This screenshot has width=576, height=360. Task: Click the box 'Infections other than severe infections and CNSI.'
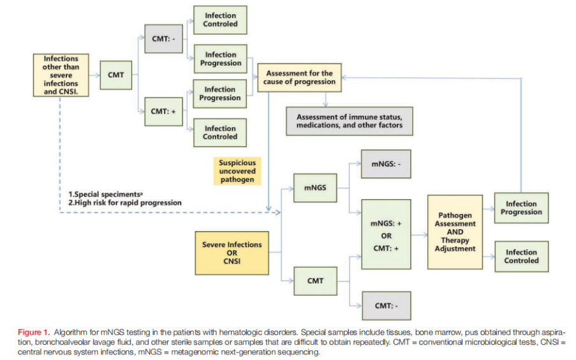61,75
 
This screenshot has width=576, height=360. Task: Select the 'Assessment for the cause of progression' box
300,78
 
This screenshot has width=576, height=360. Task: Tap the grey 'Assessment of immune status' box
349,121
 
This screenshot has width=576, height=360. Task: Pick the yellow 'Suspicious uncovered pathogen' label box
236,171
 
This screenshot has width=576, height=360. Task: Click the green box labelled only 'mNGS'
316,188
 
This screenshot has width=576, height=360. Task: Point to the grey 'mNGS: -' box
386,164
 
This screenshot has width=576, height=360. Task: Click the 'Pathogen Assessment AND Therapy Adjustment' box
455,232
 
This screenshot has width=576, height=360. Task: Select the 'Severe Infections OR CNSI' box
232,253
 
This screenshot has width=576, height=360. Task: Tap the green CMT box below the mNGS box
316,280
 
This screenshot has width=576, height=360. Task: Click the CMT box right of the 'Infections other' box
115,75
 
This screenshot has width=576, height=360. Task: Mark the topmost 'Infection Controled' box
220,20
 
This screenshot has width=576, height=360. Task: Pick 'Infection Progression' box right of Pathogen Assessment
521,208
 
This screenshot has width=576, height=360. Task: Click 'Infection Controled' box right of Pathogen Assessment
521,257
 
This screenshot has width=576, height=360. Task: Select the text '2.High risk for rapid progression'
124,203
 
